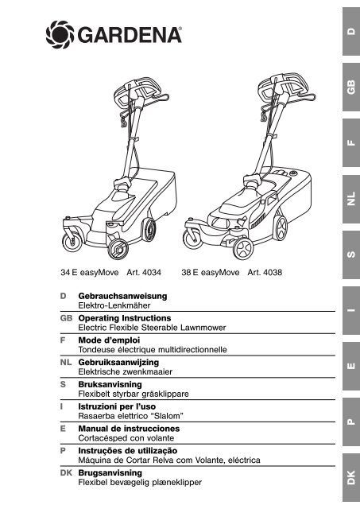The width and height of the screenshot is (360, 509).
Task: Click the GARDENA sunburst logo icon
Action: [x=60, y=34]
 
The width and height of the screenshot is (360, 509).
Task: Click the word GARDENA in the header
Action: [x=129, y=35]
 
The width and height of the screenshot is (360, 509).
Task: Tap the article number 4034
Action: [x=152, y=272]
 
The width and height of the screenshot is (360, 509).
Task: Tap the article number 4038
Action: [x=273, y=272]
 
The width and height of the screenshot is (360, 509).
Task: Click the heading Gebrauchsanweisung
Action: [x=122, y=296]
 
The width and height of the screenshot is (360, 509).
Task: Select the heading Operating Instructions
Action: [x=125, y=318]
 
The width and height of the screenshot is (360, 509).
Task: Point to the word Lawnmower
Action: [x=203, y=328]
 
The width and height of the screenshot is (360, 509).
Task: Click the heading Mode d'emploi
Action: [x=109, y=340]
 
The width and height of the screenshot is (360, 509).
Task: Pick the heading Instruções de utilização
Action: [x=128, y=451]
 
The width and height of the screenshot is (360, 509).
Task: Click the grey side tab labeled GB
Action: [x=351, y=87]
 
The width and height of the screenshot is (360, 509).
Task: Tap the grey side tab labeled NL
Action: [x=351, y=200]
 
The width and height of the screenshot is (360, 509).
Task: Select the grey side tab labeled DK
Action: [x=351, y=478]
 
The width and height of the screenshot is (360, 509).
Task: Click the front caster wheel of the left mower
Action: [x=72, y=242]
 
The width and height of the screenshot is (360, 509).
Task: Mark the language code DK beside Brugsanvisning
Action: [x=66, y=473]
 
